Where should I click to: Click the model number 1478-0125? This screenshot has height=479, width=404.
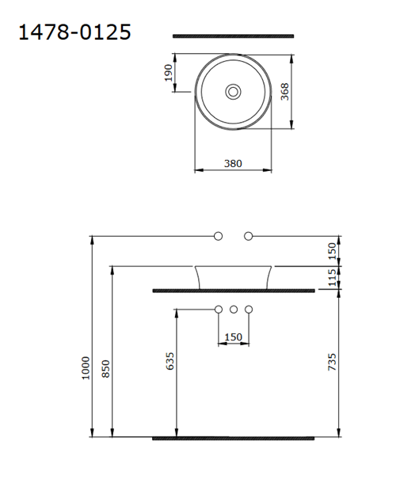75,32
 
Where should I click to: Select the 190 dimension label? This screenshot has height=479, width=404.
169,73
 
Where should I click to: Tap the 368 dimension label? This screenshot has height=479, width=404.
285,91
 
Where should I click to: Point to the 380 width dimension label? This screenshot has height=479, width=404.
233,163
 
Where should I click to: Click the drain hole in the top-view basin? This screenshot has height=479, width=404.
233,92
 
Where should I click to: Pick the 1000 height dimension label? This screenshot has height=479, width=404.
86,368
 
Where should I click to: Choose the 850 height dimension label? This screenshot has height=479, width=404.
105,369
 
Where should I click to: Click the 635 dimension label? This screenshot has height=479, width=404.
170,361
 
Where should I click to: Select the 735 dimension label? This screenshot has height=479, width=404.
332,362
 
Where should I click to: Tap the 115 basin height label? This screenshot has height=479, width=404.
332,278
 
